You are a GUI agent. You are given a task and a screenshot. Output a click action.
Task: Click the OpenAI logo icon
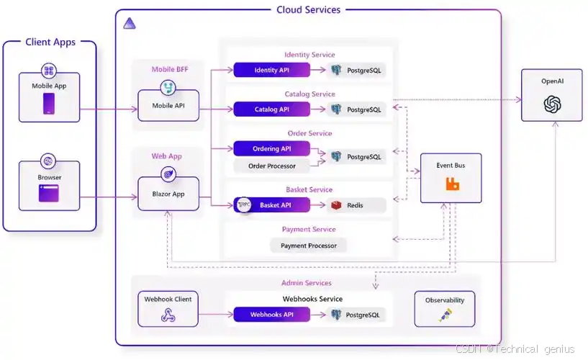coord(552,105)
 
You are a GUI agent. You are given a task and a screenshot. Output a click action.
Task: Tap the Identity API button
coord(271,70)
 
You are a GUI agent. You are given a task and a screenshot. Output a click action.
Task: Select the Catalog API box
coord(271,109)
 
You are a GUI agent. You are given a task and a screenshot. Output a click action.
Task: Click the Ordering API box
coord(271,148)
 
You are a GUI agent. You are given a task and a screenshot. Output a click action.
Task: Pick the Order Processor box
coord(271,166)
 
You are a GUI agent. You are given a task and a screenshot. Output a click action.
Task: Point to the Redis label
coord(356,205)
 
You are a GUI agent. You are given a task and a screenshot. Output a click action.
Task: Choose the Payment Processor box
coord(308,246)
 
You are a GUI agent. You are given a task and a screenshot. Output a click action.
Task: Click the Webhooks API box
coord(271,315)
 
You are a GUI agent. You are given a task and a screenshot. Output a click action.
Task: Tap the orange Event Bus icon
coord(452,184)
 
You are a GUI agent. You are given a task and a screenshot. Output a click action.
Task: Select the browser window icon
coord(49,194)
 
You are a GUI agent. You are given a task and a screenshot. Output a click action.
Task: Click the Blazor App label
coord(168,194)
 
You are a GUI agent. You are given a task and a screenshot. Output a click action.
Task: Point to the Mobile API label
coord(168,105)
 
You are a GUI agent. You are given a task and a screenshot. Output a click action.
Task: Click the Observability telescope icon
coord(444,315)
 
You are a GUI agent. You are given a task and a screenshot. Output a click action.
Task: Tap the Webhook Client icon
coord(168,315)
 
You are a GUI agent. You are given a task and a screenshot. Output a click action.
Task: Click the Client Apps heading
coord(50,42)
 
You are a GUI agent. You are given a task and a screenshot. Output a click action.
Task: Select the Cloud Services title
coord(309,9)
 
